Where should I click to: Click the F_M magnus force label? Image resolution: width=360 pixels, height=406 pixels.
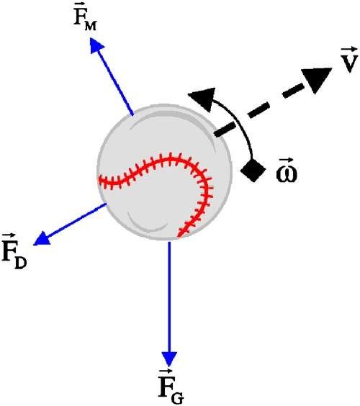(x=85, y=18)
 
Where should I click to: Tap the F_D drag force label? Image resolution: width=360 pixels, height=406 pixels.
(x=14, y=251)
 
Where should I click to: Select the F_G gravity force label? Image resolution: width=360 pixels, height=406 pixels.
(x=171, y=387)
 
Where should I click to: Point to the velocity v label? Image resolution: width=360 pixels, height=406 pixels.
(x=350, y=60)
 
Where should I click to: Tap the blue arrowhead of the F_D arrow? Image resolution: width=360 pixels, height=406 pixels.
(x=42, y=238)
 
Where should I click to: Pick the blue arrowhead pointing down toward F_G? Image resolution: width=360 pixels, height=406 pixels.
(x=169, y=359)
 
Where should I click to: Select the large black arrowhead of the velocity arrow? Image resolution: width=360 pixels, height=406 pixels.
(x=316, y=79)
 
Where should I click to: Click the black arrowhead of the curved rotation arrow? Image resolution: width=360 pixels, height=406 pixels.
(x=204, y=99)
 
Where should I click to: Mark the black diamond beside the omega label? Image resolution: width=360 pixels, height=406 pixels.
(x=253, y=170)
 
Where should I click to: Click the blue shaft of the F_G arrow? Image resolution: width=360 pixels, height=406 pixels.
(x=169, y=297)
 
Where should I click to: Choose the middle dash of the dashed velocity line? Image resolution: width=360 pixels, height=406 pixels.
(x=258, y=110)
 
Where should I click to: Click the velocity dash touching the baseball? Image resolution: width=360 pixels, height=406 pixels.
(x=225, y=130)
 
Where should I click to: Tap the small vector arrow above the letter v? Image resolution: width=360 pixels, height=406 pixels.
(x=349, y=50)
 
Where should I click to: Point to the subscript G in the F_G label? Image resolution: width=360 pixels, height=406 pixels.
(x=178, y=397)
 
